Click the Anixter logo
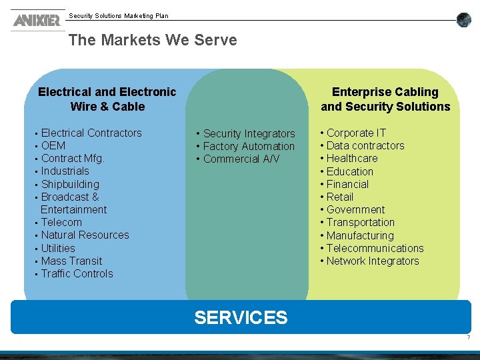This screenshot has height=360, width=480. pyautogui.click(x=36, y=20)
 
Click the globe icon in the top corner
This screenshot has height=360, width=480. pyautogui.click(x=464, y=20)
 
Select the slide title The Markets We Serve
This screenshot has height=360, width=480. pyautogui.click(x=153, y=40)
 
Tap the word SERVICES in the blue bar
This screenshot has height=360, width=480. pyautogui.click(x=241, y=317)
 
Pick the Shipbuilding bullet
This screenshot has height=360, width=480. pyautogui.click(x=70, y=185)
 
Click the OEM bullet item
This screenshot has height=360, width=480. pyautogui.click(x=53, y=146)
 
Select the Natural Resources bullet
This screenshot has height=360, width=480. pyautogui.click(x=85, y=235)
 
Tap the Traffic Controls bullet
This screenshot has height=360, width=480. pyautogui.click(x=77, y=274)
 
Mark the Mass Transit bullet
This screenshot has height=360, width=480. pyautogui.click(x=71, y=261)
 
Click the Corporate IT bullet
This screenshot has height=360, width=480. pyautogui.click(x=356, y=133)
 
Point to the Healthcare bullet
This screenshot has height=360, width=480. pyautogui.click(x=352, y=159)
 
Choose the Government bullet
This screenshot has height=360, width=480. pyautogui.click(x=355, y=210)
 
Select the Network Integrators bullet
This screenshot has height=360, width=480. pyautogui.click(x=373, y=261)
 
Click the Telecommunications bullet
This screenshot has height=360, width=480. pyautogui.click(x=375, y=249)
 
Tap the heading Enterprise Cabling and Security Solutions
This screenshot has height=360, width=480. pyautogui.click(x=385, y=99)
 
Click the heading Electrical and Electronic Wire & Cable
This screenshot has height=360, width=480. pyautogui.click(x=107, y=99)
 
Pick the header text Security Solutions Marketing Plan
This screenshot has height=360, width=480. pyautogui.click(x=119, y=16)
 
